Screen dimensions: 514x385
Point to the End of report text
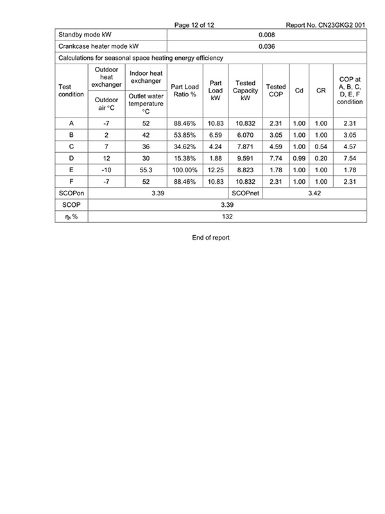(210, 237)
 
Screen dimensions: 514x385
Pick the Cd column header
(299, 91)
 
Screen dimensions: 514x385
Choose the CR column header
(321, 91)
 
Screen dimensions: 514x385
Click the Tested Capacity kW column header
(245, 91)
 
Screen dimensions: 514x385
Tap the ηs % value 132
(227, 217)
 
